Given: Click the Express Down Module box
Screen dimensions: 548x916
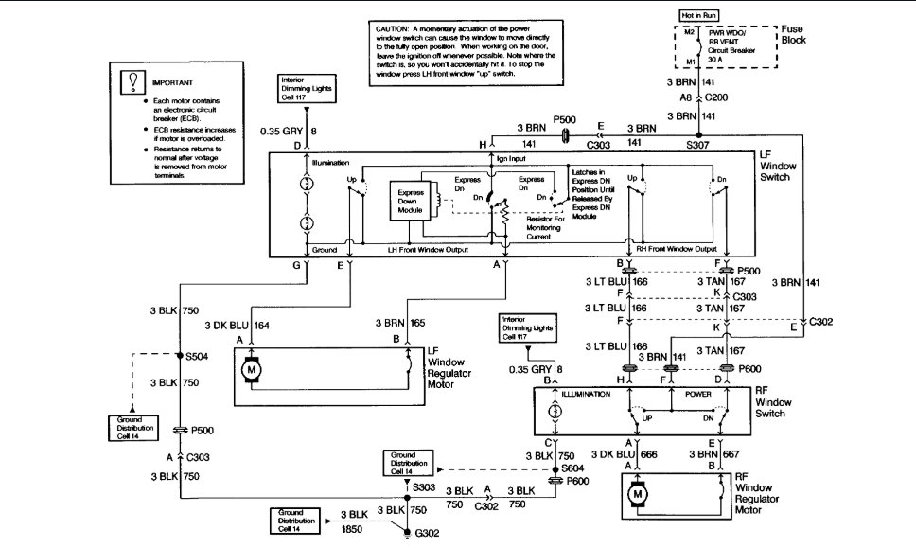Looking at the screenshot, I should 409,200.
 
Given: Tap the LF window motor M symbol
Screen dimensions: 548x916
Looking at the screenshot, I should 252,370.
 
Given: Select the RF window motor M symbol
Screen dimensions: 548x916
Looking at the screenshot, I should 637,493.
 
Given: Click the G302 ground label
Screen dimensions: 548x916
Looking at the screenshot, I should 428,533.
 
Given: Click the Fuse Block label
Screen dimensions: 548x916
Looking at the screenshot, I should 793,35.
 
